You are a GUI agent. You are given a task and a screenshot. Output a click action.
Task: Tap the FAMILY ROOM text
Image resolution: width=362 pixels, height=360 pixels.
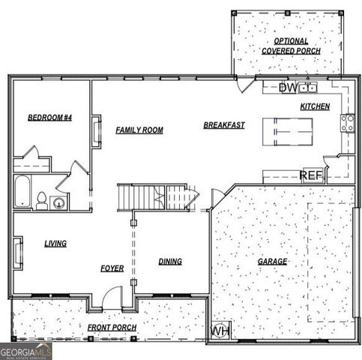139,130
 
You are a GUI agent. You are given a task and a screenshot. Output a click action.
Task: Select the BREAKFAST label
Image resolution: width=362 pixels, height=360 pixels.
224,125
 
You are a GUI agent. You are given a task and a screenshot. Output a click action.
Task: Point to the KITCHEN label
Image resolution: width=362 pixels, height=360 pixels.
315,106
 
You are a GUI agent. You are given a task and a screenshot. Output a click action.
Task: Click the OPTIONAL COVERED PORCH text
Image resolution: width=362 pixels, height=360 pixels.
291,46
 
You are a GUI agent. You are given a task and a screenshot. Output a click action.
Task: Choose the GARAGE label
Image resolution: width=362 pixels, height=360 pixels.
273,261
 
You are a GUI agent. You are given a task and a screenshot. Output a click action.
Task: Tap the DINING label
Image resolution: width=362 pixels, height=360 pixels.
170,261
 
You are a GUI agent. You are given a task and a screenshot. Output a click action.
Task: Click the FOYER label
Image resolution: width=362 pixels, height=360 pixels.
112,268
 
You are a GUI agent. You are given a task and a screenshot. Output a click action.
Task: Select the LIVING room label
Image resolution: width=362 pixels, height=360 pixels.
55,243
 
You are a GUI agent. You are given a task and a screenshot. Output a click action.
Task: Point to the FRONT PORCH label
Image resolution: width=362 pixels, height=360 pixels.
112,328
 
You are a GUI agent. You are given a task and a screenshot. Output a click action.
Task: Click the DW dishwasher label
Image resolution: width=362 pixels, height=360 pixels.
288,88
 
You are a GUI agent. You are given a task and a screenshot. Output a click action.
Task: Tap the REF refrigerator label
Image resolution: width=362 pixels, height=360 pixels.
311,175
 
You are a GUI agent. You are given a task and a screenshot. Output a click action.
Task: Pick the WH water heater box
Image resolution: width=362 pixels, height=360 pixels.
221,331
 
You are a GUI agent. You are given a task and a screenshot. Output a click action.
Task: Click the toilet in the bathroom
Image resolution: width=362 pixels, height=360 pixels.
43,199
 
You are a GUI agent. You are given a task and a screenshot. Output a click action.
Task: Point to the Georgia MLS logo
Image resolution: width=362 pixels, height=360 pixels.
26,350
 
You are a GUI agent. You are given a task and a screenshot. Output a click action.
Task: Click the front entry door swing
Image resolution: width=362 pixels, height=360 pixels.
111,299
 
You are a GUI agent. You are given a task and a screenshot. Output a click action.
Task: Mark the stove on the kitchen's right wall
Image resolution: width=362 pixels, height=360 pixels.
349,122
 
